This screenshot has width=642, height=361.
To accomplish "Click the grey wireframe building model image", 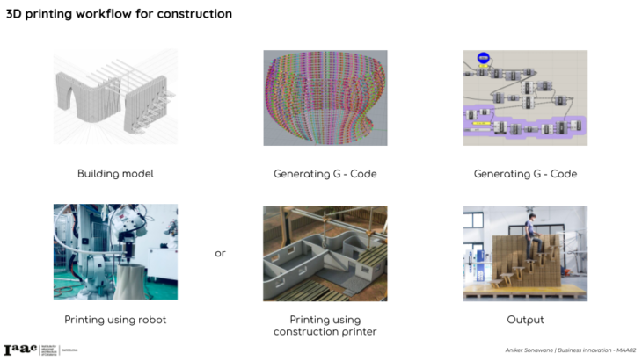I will [x=114, y=97].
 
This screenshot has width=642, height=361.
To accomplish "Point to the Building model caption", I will [x=115, y=174].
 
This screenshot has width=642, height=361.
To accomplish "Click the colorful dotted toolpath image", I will [x=325, y=97].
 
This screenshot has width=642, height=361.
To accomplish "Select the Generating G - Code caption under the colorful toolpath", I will [x=325, y=174].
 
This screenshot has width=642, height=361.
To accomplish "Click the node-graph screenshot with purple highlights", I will [x=525, y=97].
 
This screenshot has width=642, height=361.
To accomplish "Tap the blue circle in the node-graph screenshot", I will [x=483, y=59].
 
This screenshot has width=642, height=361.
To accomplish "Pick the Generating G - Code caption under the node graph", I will [x=525, y=174].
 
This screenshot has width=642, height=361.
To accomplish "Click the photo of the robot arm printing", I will [x=114, y=252].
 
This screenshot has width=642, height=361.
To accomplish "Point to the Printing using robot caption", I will [x=115, y=320].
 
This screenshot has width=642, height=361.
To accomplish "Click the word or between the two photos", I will [x=220, y=254].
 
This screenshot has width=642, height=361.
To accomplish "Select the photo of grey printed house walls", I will [x=325, y=252].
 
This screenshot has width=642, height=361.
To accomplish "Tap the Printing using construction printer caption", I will [x=325, y=325].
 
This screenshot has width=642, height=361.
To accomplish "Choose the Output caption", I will [x=525, y=320].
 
